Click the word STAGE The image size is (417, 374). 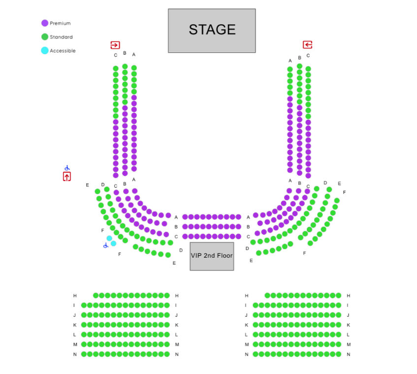pos(212,30)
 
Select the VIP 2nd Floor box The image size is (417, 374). pos(212,256)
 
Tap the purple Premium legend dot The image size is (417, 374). pos(45,23)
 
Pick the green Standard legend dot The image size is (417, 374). pos(45,36)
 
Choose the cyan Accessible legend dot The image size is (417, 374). pos(45,50)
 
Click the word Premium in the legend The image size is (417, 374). pos(61,23)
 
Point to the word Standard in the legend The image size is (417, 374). pos(62,37)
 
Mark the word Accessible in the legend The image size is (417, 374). pos(63,51)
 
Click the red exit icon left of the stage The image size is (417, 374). pos(115,45)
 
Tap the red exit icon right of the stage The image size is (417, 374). pos(308,45)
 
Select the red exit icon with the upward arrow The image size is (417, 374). pos(67,176)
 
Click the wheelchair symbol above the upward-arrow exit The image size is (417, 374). pos(67,168)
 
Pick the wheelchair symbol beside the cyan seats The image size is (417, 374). pos(105,245)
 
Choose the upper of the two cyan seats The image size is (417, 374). pos(109,238)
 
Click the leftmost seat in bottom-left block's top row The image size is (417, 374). pos(96,295)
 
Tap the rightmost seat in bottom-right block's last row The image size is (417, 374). pos(339,354)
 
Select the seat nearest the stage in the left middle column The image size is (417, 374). pos(125,66)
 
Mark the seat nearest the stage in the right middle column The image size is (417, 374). pos(299,66)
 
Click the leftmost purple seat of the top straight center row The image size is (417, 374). pos(185,217)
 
